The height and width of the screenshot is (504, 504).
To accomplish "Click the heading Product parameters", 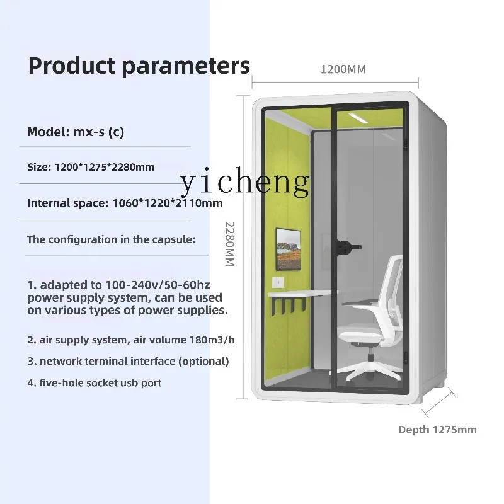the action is (139, 67).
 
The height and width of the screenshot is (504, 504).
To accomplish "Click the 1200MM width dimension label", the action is (343, 69).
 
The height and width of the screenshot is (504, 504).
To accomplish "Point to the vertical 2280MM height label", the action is (230, 244).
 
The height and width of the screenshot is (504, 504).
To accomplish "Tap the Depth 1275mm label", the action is (437, 430).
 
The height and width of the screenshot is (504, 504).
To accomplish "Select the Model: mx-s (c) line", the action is (76, 132).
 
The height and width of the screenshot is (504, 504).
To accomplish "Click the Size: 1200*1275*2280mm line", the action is (91, 167).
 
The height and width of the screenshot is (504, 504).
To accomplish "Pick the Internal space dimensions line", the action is (125, 203).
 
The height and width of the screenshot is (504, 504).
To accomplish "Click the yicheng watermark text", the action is (245, 182).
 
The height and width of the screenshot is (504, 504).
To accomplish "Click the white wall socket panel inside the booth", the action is (278, 282).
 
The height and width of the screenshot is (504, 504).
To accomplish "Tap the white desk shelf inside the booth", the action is (299, 294).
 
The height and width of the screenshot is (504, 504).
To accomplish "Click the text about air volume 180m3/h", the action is (131, 340).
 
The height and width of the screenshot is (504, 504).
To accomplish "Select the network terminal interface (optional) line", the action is (128, 361).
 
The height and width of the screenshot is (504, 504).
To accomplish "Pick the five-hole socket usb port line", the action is (94, 383).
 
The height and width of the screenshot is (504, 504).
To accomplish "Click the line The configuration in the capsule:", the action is (112, 239).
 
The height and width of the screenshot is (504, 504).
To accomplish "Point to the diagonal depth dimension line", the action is (438, 403).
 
